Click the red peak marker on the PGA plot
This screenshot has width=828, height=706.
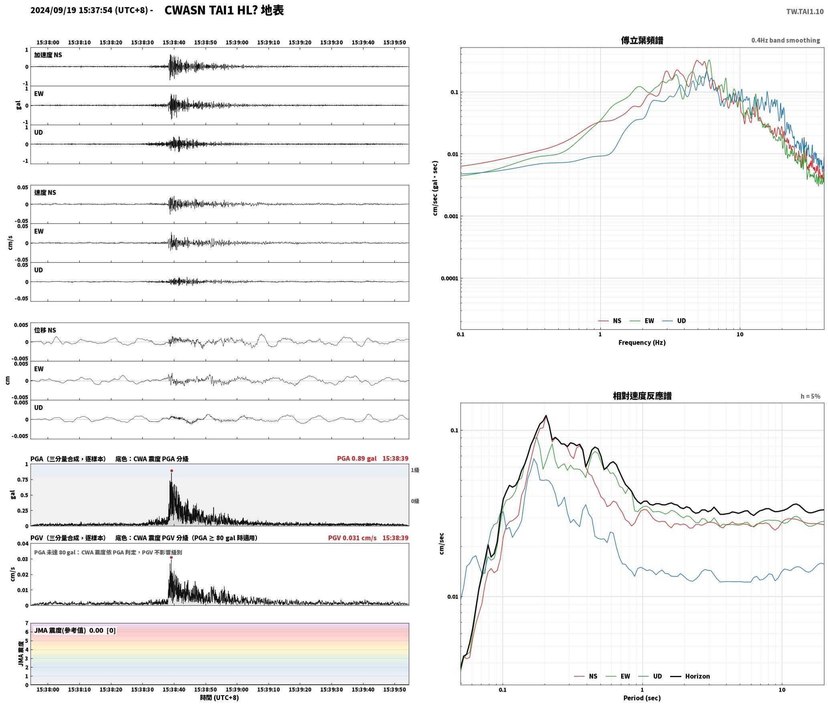tap(172, 471)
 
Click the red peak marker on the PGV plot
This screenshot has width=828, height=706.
tap(171, 557)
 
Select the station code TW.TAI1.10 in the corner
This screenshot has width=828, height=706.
tap(805, 12)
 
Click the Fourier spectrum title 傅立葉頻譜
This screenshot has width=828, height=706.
tap(642, 40)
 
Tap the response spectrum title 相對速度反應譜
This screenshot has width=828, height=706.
tap(642, 396)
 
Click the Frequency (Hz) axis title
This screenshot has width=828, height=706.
tap(642, 342)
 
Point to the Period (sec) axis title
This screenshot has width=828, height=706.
tap(642, 698)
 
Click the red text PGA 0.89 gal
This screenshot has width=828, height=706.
tap(357, 458)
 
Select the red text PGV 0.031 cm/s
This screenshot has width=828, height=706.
tap(352, 538)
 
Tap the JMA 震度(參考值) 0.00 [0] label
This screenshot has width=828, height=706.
tap(75, 630)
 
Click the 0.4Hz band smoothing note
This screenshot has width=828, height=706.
tap(786, 40)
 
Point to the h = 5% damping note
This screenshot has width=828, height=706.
tap(810, 396)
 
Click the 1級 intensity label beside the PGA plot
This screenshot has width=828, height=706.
tap(415, 470)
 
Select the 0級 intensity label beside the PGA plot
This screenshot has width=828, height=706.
tap(415, 501)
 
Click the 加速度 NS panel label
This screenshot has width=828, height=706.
tap(48, 55)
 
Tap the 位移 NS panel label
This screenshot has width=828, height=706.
tap(45, 330)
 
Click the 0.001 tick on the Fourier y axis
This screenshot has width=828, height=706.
tap(451, 216)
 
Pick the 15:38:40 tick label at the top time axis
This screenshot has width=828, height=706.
tap(174, 42)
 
